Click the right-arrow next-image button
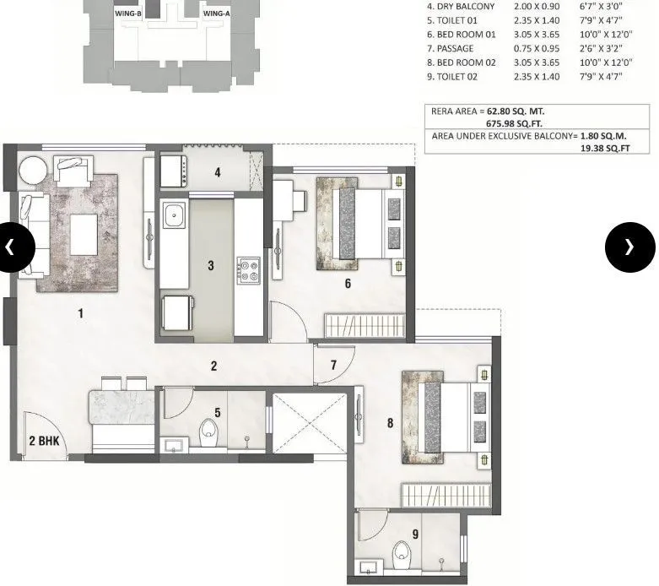(629, 247)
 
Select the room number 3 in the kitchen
(211, 266)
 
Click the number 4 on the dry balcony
(217, 173)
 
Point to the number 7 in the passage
(333, 366)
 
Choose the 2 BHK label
(43, 440)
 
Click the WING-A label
(216, 14)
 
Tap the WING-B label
(127, 14)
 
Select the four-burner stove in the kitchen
(249, 270)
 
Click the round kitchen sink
(174, 216)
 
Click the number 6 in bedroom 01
(347, 284)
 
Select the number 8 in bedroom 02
(390, 424)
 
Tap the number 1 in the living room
(81, 314)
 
